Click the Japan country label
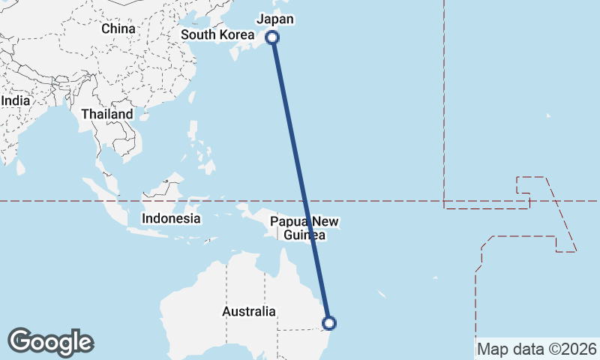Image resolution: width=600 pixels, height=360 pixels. coord(275,19)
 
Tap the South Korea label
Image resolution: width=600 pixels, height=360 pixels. coord(217,34)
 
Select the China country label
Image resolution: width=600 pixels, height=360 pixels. coord(118,28)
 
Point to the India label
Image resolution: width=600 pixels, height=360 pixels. coord(15,100)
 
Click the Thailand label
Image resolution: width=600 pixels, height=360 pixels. coord(107,114)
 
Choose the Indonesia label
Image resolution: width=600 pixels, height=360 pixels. coord(172,219)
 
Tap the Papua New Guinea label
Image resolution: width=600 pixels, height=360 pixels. coord(304,228)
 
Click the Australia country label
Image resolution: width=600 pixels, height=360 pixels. coord(249,311)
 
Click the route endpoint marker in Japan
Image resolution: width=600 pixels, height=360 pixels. coord(272,37)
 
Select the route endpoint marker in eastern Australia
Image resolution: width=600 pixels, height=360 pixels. coord(328,323)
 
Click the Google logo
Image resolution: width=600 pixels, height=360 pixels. coord(50,342)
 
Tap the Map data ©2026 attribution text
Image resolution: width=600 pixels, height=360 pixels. coord(537,349)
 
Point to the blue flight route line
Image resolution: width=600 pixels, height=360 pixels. coord(300,180)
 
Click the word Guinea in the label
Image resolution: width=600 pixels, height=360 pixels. coord(304,235)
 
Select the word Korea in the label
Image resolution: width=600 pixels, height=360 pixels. coord(235,34)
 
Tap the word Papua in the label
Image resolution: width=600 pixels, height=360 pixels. coord(286,221)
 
